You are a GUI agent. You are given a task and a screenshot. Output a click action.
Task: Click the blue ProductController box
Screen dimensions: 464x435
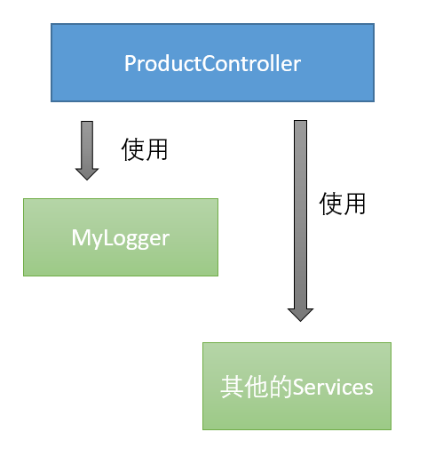(x=212, y=62)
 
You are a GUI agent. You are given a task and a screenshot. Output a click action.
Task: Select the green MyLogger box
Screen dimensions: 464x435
(x=120, y=236)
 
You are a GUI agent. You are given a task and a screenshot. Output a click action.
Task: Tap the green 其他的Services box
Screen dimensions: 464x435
(x=297, y=386)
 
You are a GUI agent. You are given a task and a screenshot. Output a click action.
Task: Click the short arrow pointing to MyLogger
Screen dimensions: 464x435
(x=87, y=147)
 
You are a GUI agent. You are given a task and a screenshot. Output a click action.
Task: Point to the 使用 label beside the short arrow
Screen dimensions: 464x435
(x=145, y=149)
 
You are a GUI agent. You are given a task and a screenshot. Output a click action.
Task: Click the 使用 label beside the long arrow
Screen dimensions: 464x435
(x=343, y=204)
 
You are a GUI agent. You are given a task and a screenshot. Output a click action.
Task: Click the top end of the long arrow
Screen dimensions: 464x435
(x=300, y=124)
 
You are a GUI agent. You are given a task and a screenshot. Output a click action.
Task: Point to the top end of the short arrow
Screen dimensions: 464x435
(x=87, y=124)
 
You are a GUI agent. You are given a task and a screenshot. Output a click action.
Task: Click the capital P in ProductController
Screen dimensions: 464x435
(x=130, y=64)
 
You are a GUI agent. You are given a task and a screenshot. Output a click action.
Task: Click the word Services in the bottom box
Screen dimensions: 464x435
(x=333, y=388)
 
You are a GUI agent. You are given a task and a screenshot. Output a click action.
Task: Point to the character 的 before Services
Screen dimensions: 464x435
(x=280, y=388)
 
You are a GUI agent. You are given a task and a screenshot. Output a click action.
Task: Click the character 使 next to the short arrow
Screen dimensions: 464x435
(x=133, y=149)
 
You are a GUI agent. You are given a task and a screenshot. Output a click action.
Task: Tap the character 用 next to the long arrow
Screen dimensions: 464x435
(x=354, y=204)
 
